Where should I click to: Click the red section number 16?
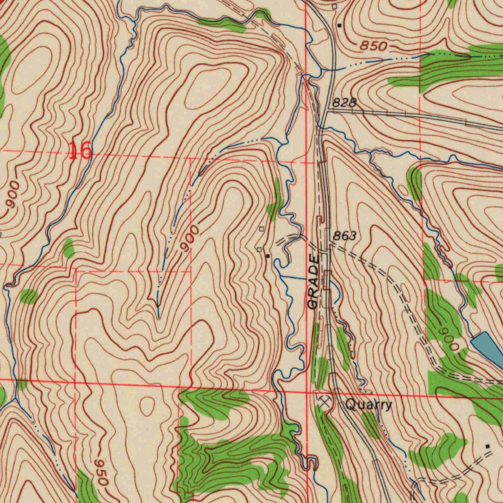80,151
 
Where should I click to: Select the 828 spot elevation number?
343,103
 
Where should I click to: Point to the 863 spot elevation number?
344,236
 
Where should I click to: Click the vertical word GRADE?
313,281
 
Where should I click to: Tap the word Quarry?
368,405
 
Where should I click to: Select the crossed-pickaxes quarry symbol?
324,401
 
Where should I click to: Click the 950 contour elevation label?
101,472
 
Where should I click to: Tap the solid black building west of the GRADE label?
267,256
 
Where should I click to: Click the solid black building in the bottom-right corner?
487,446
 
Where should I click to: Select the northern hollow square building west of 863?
261,229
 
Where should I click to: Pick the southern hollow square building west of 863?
259,250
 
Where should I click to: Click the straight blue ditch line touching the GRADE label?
295,278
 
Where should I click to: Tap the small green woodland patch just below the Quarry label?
370,424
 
